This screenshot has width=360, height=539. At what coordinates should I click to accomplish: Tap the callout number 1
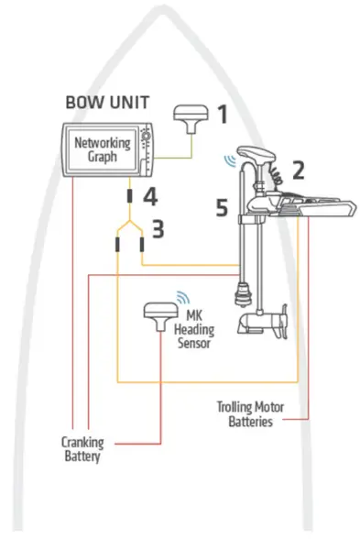coord(221,115)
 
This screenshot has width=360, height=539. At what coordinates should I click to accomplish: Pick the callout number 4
coord(150,194)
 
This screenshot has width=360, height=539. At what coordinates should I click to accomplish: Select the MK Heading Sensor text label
coord(192,330)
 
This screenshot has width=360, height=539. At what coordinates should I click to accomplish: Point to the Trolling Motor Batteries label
coord(249,413)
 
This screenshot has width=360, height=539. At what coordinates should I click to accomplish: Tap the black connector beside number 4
coord(129,195)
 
